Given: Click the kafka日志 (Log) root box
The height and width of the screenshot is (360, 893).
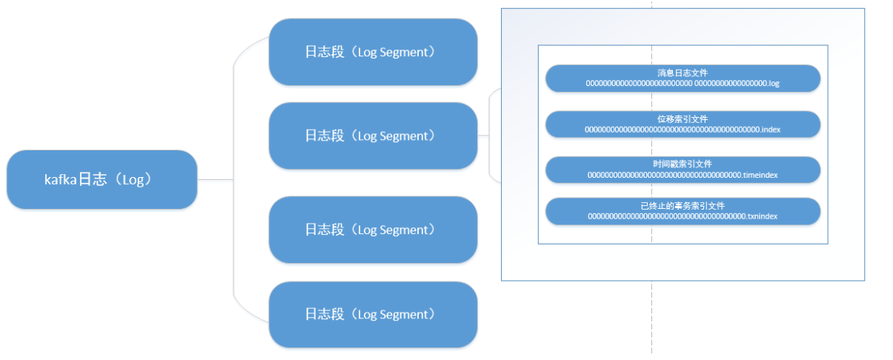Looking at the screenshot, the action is [102, 179].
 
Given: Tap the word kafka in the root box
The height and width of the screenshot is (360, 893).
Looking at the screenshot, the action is [60, 180].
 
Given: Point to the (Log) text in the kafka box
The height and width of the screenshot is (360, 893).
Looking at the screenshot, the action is [133, 180].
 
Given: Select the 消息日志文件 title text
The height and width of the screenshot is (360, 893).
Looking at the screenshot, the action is [683, 73].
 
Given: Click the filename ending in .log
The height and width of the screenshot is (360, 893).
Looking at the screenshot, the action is [683, 83].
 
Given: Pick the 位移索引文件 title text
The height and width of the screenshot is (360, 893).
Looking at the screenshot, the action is [683, 119].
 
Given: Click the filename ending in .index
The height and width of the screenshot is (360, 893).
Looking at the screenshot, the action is [683, 130].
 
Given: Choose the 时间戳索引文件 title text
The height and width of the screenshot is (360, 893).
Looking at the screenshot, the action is [683, 164].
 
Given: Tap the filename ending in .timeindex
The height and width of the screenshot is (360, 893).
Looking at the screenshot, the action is [683, 175].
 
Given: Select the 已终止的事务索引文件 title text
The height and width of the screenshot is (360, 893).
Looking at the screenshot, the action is [683, 206].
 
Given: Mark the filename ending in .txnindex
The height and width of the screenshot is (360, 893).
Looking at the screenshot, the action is [683, 216].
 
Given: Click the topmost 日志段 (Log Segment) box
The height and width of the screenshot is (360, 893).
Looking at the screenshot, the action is [374, 52].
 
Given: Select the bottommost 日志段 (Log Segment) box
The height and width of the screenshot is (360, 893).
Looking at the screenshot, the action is [374, 315].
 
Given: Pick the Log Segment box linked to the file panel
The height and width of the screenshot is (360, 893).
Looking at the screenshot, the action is [374, 136].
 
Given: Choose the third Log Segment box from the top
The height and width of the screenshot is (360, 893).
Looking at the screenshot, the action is [374, 230].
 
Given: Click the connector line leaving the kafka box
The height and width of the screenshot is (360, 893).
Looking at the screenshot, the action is [215, 180].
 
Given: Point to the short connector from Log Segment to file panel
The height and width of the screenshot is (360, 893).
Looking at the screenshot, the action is [483, 136].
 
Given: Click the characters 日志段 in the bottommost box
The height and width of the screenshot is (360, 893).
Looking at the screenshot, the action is [325, 314].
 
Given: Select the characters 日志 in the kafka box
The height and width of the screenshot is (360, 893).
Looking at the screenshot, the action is [93, 179].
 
